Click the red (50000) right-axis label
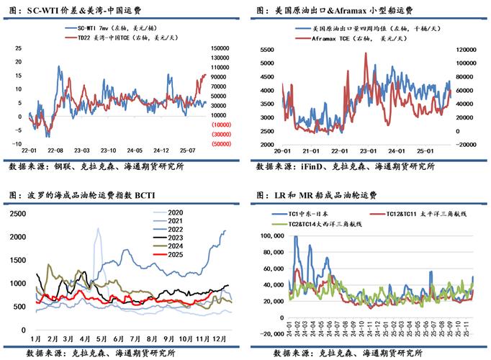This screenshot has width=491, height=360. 220,144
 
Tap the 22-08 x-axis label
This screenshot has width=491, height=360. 54,150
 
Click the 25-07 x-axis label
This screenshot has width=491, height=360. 188,150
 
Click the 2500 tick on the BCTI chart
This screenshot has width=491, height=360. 20,214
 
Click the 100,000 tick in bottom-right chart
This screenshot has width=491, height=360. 273,235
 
